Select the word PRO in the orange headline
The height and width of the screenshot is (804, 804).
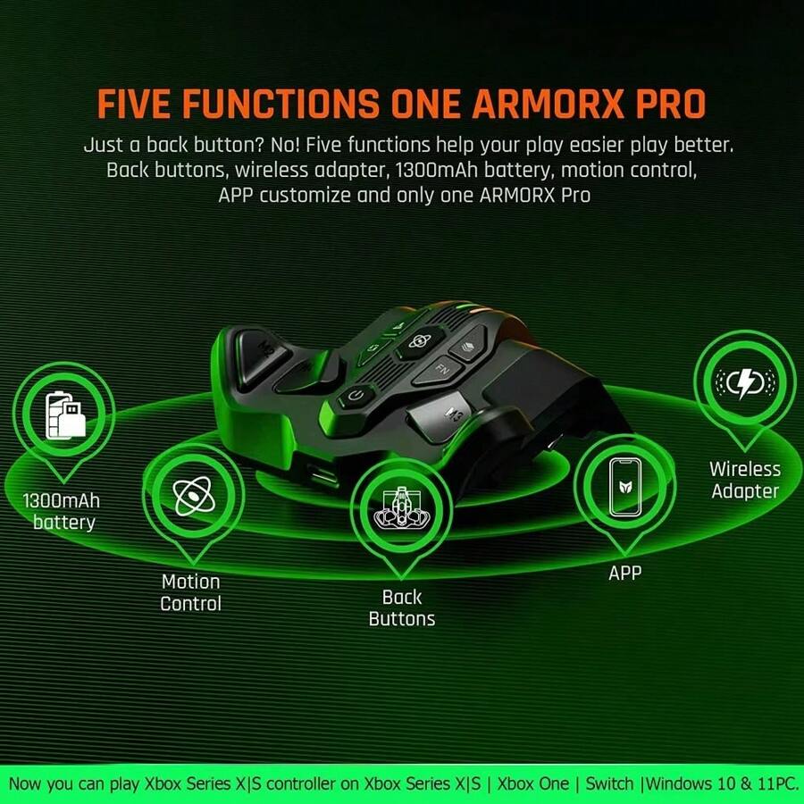pos(664,104)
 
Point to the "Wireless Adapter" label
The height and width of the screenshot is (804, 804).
pos(744,480)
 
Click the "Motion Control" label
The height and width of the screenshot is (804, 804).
pos(190,592)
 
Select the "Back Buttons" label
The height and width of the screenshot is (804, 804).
pos(402,607)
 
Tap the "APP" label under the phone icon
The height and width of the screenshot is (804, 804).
pos(624,574)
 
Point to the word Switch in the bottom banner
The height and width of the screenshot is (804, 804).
pos(613,783)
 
